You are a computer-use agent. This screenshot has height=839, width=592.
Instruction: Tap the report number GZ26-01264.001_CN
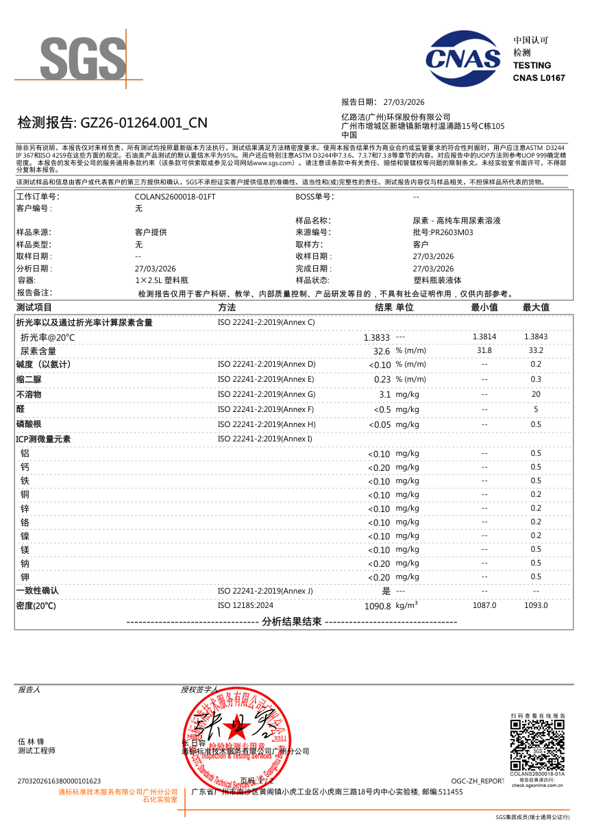tap(144, 123)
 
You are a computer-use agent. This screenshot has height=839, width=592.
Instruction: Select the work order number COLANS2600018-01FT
tap(175, 197)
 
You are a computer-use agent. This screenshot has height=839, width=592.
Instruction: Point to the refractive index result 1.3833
tap(376, 338)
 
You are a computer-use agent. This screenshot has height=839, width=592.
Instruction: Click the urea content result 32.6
tap(381, 351)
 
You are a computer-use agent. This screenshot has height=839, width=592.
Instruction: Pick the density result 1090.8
tap(377, 606)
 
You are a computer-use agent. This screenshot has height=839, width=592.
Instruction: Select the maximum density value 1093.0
tap(536, 605)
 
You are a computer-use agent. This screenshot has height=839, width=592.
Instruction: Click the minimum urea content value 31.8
tap(484, 351)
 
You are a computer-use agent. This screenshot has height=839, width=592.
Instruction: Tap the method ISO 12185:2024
tap(245, 605)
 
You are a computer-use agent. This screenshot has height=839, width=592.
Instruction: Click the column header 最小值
tap(484, 307)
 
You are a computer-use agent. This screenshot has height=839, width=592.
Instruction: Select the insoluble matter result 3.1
tap(384, 395)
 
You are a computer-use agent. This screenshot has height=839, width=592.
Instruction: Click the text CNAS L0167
tap(539, 78)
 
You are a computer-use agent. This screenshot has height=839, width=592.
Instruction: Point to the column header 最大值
tap(536, 307)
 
